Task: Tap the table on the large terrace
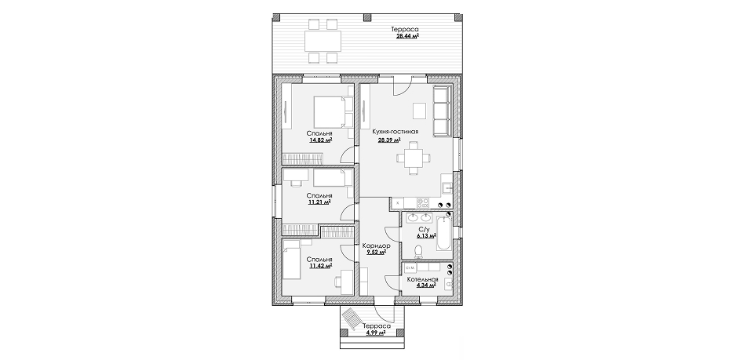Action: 323,41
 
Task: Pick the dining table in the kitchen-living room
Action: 414,157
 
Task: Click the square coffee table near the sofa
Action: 420,111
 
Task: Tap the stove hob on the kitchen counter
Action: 423,203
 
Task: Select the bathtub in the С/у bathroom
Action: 444,233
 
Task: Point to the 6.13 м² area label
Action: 426,236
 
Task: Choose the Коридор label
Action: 376,245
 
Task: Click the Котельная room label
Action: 423,279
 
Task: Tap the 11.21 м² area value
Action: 319,202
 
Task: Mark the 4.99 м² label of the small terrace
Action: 376,333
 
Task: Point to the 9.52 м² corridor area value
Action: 376,253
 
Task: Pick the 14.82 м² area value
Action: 320,140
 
